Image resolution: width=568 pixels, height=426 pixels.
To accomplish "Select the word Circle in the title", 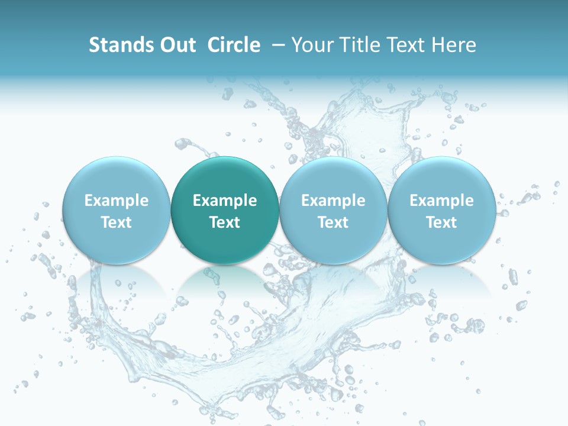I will tap(234, 45).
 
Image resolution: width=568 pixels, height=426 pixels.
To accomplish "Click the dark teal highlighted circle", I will tap(225, 211).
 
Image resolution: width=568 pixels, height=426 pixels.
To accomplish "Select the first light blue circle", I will tap(117, 211).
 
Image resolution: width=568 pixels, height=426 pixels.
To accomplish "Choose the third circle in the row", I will tap(333, 211).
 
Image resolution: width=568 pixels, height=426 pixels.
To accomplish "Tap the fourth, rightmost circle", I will tap(442, 211).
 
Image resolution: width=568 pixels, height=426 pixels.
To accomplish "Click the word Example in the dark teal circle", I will tap(225, 201).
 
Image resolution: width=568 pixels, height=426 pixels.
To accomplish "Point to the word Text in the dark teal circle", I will tap(225, 222).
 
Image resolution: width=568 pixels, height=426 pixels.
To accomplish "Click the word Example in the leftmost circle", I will tap(117, 201).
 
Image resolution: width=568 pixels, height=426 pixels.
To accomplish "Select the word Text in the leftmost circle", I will tap(117, 222).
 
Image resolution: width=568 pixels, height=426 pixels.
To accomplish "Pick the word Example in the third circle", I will tap(333, 201).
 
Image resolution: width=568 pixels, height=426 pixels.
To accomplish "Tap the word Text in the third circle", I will tap(333, 222).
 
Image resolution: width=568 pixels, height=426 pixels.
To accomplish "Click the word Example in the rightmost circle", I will tap(442, 201).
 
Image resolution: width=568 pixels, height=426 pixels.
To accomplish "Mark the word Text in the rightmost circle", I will tap(442, 222).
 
